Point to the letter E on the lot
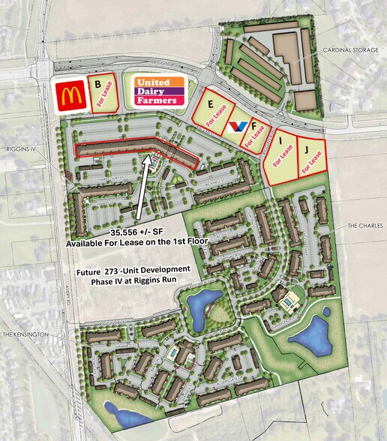(211, 104)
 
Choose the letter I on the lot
(280, 139)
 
